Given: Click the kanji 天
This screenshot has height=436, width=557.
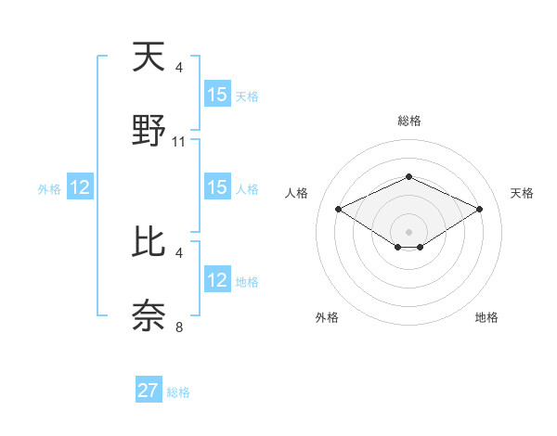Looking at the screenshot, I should [149, 58].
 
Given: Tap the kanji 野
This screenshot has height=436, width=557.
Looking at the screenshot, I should [149, 131].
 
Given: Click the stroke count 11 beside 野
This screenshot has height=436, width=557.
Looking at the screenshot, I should [179, 142].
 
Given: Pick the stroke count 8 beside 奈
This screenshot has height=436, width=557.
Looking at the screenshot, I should [179, 327].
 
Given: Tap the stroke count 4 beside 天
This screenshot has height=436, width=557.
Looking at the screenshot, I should [179, 67].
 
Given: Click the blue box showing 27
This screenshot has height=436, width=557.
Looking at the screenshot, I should [149, 391].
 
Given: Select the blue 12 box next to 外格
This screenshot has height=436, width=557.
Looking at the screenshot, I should [80, 187].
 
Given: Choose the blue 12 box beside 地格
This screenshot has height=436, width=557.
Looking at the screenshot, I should [217, 280].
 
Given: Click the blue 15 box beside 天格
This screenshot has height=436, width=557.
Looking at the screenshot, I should [217, 95].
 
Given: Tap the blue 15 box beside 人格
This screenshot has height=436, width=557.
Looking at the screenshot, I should [217, 187].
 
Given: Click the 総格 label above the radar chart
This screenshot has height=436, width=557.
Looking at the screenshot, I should [408, 121].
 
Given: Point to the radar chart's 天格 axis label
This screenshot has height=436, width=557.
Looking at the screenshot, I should [523, 193].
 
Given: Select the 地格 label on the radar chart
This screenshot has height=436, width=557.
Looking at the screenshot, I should [486, 317].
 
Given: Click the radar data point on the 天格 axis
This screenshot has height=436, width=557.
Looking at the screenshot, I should [479, 209].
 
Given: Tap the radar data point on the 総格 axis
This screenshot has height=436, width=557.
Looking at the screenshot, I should [408, 176].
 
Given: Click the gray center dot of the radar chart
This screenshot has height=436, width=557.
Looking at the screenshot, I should [408, 231].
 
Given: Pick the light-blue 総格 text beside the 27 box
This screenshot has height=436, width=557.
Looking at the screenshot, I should [178, 392].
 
